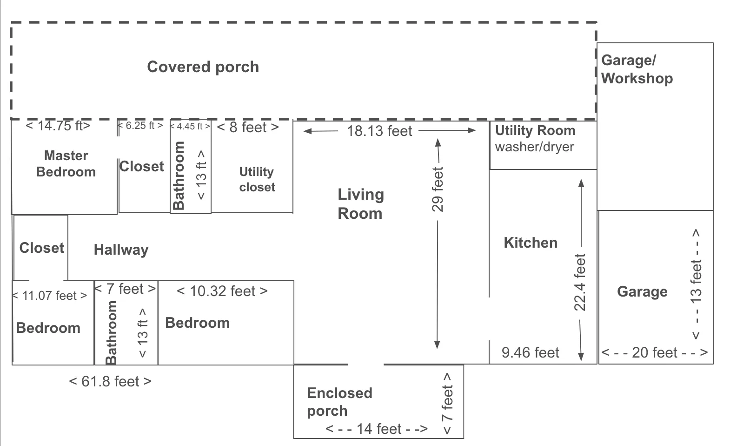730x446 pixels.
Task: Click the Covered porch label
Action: tap(203, 67)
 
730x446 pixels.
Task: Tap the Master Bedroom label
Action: tap(66, 164)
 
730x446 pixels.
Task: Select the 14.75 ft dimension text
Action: tap(58, 126)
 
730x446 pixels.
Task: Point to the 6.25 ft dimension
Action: tap(140, 125)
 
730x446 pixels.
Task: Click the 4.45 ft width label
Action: tap(190, 126)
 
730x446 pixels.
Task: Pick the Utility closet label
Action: tap(257, 179)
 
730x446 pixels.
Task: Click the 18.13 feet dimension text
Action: tap(379, 131)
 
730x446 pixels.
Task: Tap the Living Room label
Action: tap(360, 204)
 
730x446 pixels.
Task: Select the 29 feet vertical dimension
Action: tap(438, 189)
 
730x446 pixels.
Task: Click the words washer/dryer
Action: tap(534, 147)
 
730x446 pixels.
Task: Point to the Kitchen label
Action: tap(531, 243)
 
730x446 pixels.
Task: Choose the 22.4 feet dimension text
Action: tap(580, 282)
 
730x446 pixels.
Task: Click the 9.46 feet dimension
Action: tap(530, 353)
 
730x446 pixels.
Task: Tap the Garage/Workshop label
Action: tap(637, 69)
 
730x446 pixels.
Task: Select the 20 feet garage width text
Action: tap(655, 353)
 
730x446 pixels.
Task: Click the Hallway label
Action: tap(121, 250)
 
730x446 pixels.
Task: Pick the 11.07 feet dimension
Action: tap(50, 296)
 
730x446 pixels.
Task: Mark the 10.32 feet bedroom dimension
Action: tap(222, 291)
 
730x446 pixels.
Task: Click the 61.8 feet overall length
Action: tap(110, 381)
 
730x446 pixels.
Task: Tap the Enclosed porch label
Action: tap(339, 402)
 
